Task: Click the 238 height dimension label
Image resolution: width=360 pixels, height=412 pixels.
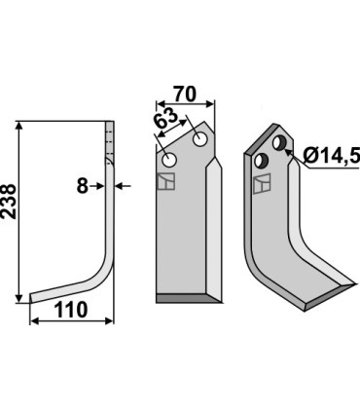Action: click(x=9, y=202)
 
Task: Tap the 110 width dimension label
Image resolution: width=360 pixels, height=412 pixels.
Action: click(x=71, y=310)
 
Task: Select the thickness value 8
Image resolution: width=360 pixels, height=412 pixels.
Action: click(x=83, y=186)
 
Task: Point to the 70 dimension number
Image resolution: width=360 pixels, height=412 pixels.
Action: click(x=185, y=94)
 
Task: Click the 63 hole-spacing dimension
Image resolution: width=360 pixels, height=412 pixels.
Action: click(x=165, y=119)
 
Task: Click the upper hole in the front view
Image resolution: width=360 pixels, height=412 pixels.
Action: click(x=200, y=139)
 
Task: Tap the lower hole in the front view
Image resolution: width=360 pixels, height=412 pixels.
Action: click(x=169, y=160)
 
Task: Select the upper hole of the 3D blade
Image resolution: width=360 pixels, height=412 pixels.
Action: click(x=279, y=143)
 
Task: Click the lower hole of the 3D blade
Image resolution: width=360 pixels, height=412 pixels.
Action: click(x=261, y=161)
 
